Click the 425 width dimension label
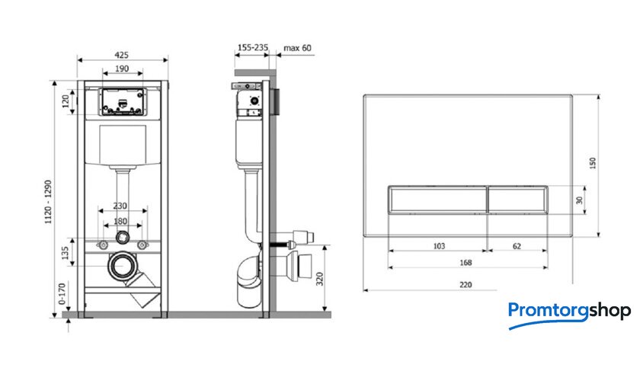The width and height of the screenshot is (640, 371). pos(121,55)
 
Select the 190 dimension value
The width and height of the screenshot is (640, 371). pos(122,69)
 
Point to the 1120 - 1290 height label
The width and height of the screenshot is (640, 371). pos(49,202)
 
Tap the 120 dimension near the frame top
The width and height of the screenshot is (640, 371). pos(66,101)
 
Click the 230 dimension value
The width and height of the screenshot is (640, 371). pos(120,206)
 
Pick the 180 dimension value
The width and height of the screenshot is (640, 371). pos(120,221)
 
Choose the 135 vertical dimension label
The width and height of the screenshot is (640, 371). pos(65,253)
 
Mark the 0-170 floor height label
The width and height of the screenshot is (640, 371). pos(62,294)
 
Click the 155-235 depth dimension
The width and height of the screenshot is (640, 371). pos(253,47)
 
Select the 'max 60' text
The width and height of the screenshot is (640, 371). pos(298,48)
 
